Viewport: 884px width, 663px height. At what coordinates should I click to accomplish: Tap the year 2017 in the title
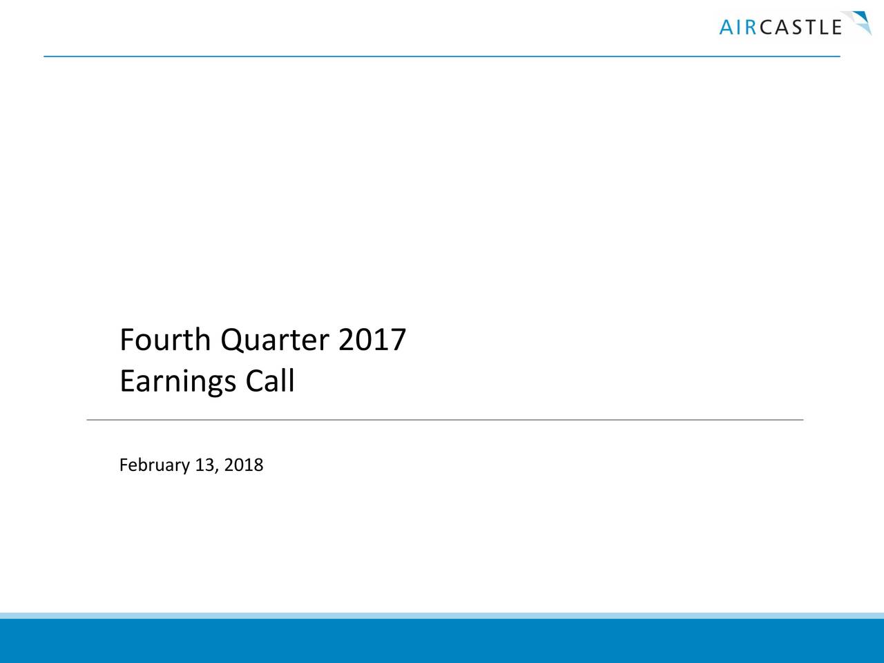tap(372, 340)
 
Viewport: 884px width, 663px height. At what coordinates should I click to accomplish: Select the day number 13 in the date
tap(204, 465)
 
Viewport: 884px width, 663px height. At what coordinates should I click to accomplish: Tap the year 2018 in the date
tap(244, 465)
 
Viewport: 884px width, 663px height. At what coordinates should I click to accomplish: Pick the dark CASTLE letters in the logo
tap(800, 28)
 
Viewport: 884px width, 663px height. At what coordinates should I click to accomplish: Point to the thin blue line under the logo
tap(442, 56)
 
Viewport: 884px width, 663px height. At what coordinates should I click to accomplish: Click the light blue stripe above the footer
tap(442, 615)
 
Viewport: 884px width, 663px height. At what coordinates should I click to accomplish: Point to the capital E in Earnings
tap(127, 381)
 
